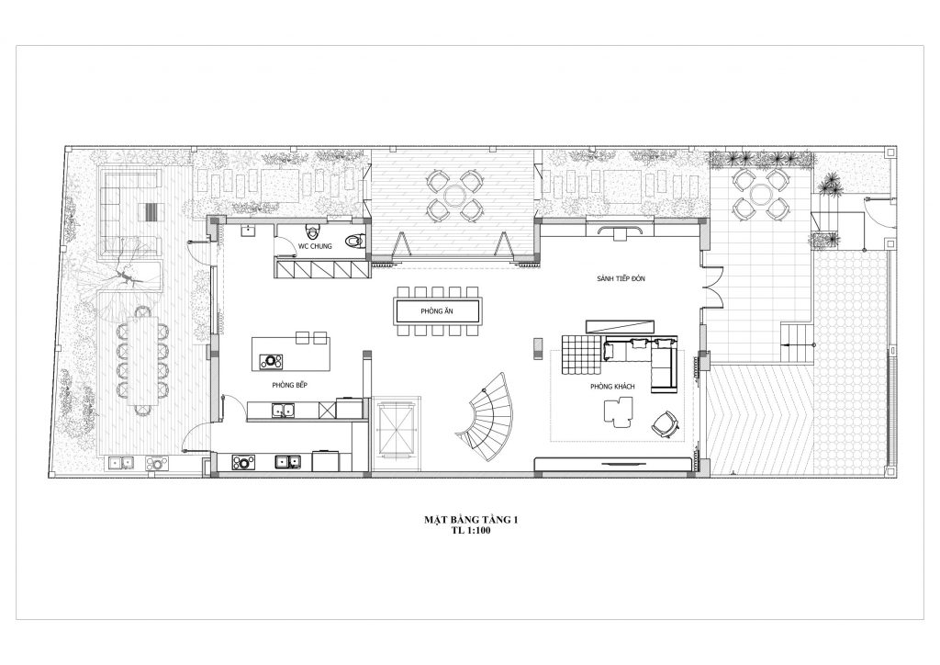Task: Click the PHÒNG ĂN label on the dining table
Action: tap(436, 311)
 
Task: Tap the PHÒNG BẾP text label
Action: tap(289, 385)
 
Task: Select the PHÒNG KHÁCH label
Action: tap(612, 387)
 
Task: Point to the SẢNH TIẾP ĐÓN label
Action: tap(621, 279)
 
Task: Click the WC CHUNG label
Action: tap(315, 246)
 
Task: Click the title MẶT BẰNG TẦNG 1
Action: tap(471, 520)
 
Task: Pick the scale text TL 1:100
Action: tap(471, 531)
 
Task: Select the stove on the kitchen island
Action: tap(271, 361)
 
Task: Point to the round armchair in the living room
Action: tap(666, 423)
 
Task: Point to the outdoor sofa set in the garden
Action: tap(130, 210)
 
